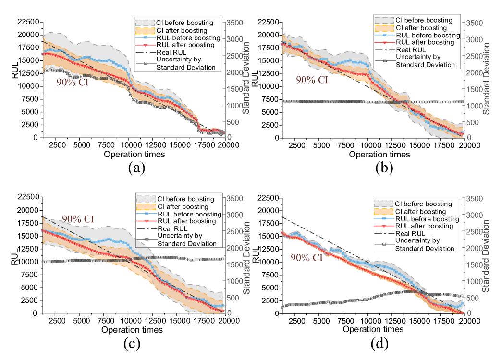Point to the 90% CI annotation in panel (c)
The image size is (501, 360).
click(78, 219)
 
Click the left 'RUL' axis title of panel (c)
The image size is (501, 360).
click(14, 255)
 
